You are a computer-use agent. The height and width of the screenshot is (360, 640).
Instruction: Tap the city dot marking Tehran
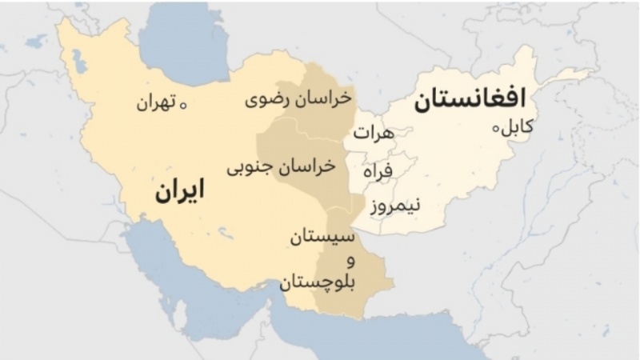pyautogui.click(x=182, y=104)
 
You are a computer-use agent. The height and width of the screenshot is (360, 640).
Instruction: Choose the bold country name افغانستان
pyautogui.click(x=470, y=100)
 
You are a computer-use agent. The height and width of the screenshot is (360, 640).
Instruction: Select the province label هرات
pyautogui.click(x=374, y=134)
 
